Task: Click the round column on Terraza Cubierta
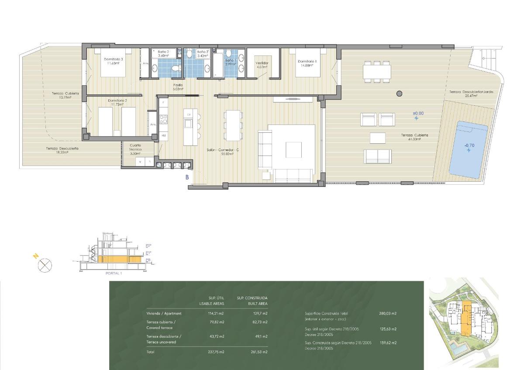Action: coord(399,93)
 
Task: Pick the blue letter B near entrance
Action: coord(187,177)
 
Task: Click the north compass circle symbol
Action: coord(45,265)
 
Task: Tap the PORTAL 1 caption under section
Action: coord(114,273)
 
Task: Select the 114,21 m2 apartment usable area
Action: coord(216,313)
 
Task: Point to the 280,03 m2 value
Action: coord(387,313)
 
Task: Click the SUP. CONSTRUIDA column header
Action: coord(252,298)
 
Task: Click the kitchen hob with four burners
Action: coord(163,119)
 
